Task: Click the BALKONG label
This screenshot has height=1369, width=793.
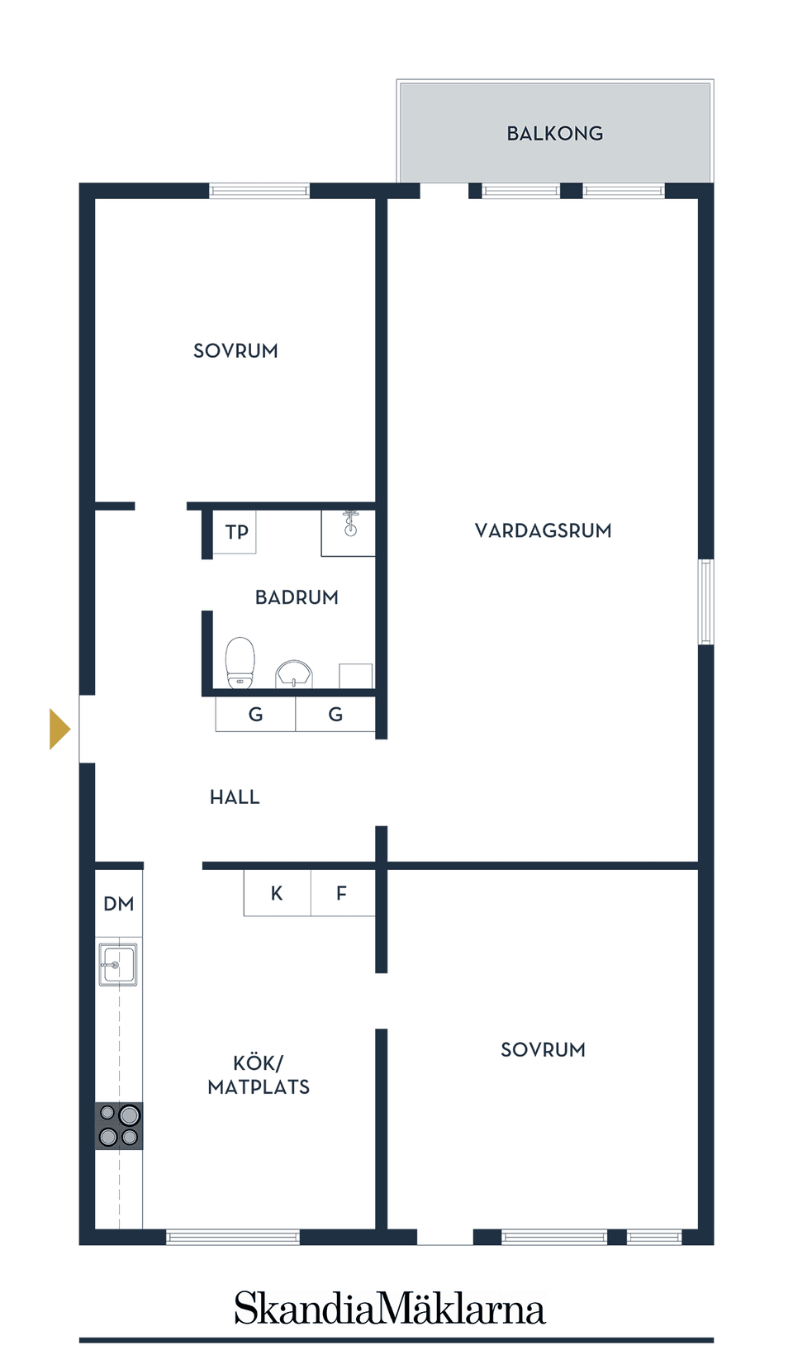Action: [x=554, y=133]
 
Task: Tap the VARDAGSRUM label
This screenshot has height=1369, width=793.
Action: [x=543, y=530]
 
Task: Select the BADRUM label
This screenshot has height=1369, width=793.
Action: [x=297, y=597]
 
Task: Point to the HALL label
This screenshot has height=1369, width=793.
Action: [x=235, y=797]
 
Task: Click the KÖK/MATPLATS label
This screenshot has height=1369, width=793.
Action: [x=259, y=1075]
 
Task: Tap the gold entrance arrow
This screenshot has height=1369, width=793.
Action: [x=59, y=729]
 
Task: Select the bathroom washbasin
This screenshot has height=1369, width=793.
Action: [x=294, y=674]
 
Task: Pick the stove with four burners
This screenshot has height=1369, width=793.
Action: [x=119, y=1126]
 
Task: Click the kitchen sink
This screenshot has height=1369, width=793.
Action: [x=118, y=964]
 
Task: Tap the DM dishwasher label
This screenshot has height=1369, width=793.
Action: [x=119, y=904]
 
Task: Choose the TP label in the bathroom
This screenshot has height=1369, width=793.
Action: [x=237, y=532]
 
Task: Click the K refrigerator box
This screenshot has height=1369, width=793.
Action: [x=277, y=893]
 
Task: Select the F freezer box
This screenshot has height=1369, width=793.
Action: [x=342, y=893]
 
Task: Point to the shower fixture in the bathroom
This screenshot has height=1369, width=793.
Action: [x=350, y=524]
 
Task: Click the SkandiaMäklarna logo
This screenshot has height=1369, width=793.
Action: [x=389, y=1309]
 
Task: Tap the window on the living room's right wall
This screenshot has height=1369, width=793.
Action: [x=706, y=601]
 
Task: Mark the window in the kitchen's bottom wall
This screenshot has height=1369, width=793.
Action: [x=233, y=1237]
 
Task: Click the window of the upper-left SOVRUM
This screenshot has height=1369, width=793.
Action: [x=259, y=191]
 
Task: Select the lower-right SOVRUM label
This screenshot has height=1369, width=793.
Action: [x=543, y=1049]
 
